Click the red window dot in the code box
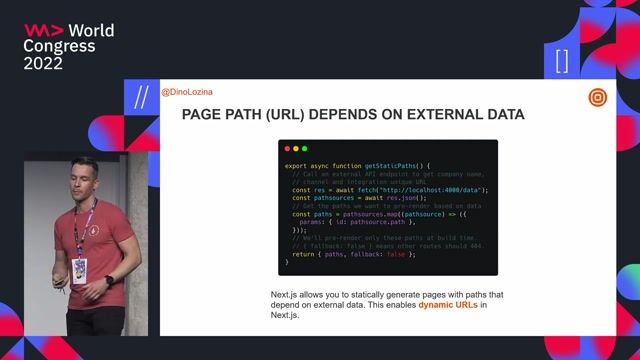(x=288, y=148)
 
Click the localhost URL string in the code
(x=442, y=189)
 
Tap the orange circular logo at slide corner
(x=597, y=98)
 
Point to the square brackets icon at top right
(x=561, y=61)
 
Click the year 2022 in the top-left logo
(x=43, y=63)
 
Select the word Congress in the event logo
(x=59, y=46)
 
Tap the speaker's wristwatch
(x=109, y=280)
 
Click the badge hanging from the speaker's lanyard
(x=79, y=268)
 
